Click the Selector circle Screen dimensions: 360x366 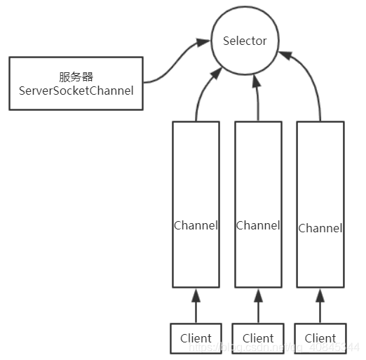pyautogui.click(x=244, y=56)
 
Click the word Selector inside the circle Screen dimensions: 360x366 pyautogui.click(x=244, y=41)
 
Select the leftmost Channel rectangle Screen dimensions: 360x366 pyautogui.click(x=196, y=204)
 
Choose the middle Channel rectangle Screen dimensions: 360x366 pyautogui.click(x=258, y=204)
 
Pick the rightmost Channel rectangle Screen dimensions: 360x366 pyautogui.click(x=320, y=204)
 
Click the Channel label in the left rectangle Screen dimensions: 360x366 pyautogui.click(x=196, y=226)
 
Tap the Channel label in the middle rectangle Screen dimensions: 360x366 pyautogui.click(x=258, y=225)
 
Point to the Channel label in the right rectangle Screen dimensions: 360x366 pyautogui.click(x=320, y=228)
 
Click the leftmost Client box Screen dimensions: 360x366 pyautogui.click(x=196, y=338)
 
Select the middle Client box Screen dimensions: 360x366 pyautogui.click(x=258, y=338)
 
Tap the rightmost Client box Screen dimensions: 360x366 pyautogui.click(x=320, y=338)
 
